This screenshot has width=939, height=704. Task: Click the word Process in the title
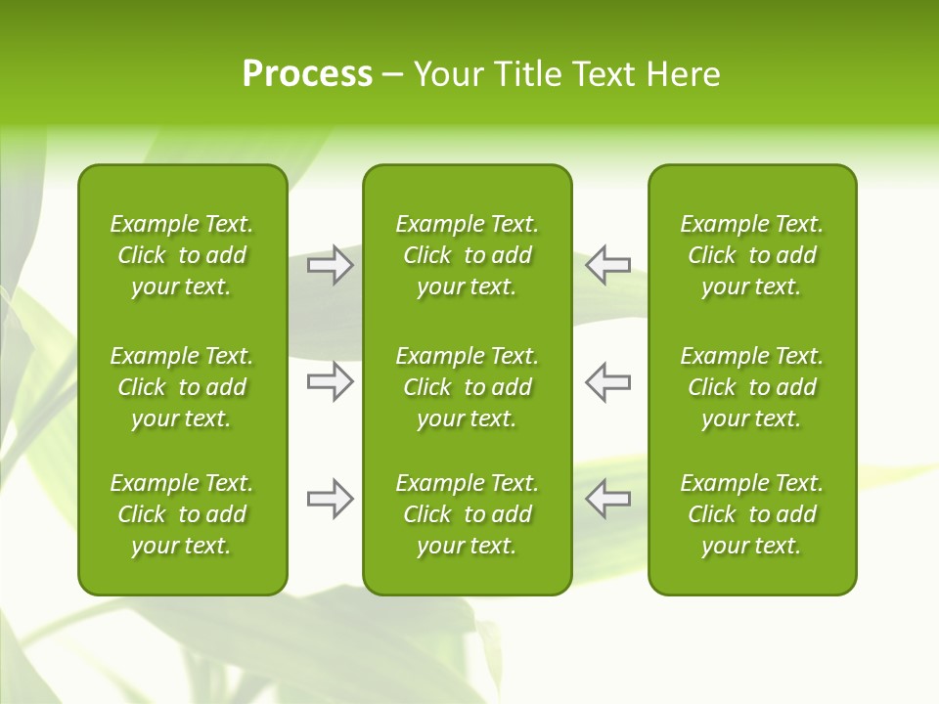click(x=307, y=74)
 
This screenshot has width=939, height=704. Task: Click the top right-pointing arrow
click(x=331, y=265)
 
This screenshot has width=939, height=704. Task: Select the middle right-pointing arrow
click(x=331, y=381)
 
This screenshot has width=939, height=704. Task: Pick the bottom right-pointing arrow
click(x=331, y=499)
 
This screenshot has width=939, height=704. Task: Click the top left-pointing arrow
click(x=607, y=265)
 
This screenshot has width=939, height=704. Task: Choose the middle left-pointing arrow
click(x=607, y=381)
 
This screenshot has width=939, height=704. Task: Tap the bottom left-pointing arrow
click(x=607, y=499)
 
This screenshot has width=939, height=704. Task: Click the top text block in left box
click(x=182, y=255)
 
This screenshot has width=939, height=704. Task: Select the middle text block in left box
click(x=182, y=387)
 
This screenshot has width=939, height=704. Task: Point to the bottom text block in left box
click(x=182, y=514)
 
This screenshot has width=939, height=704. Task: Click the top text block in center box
click(x=468, y=255)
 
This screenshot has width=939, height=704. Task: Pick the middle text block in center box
click(x=468, y=387)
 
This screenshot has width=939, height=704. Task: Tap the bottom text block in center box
click(x=468, y=514)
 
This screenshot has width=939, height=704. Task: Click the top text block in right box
click(x=752, y=255)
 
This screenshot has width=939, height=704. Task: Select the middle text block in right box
click(x=752, y=387)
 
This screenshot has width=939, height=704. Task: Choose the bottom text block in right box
click(x=752, y=514)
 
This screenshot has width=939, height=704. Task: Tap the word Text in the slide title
click(x=602, y=74)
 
